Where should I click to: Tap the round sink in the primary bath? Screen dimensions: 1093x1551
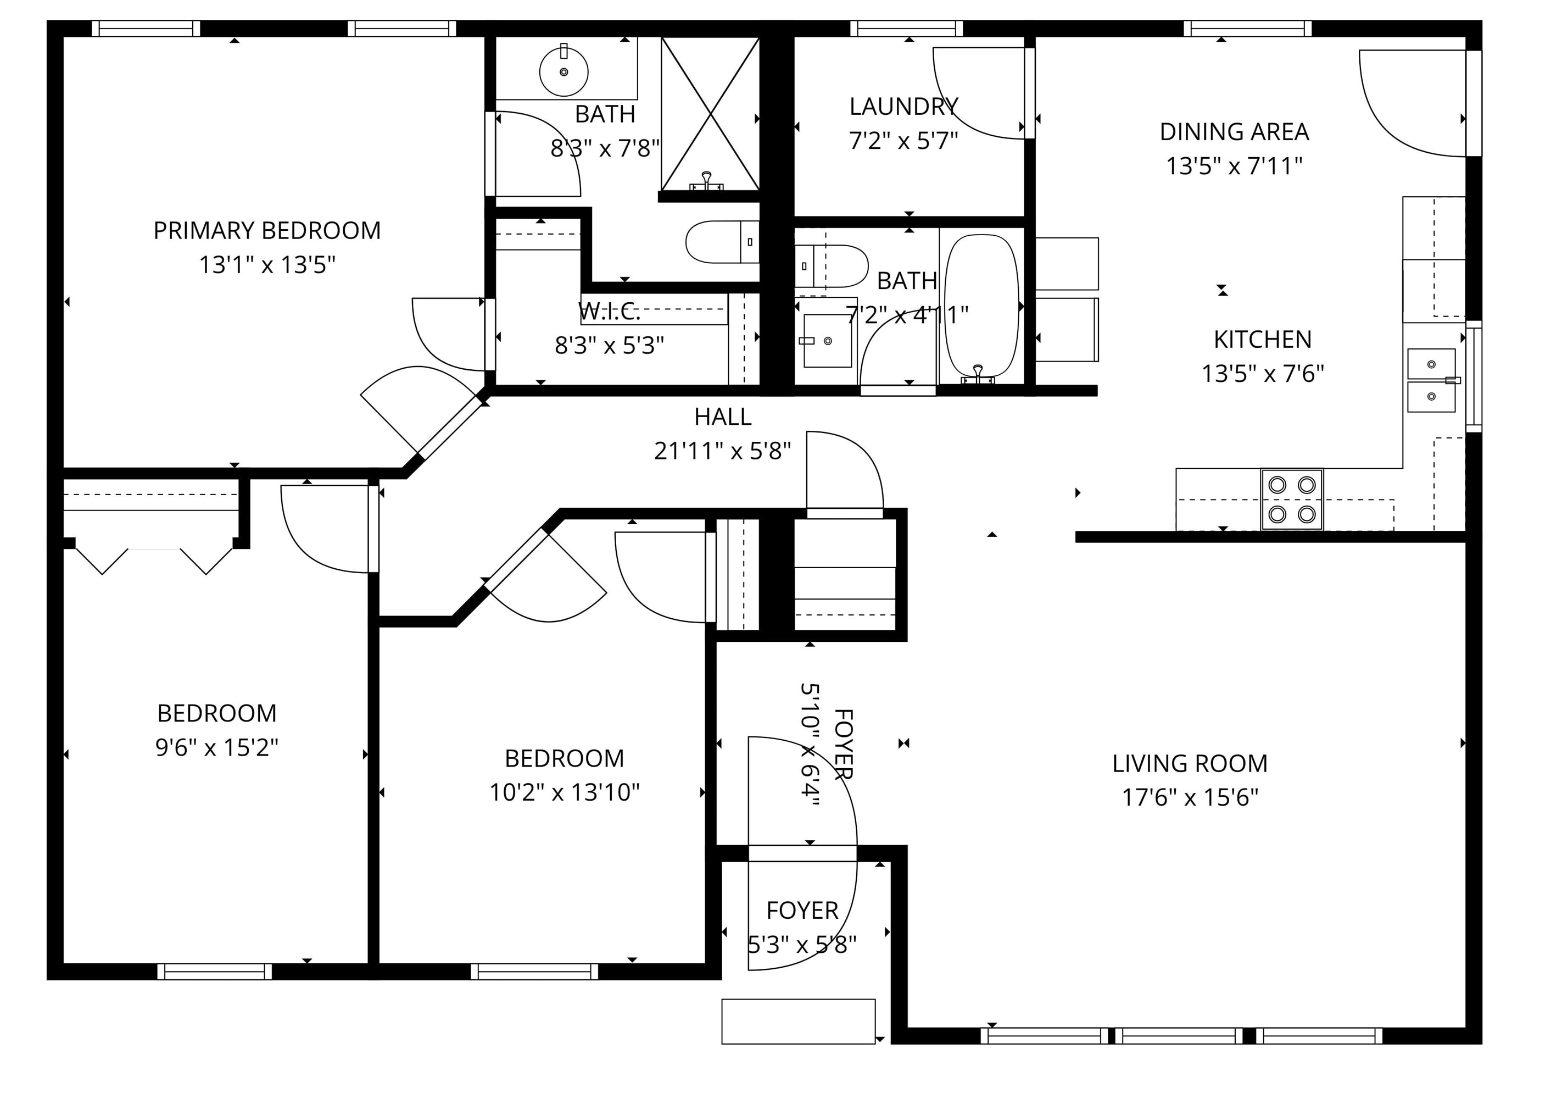[x=564, y=71]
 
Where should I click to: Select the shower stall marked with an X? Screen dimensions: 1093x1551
[x=710, y=114]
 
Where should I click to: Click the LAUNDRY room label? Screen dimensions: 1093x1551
[x=903, y=107]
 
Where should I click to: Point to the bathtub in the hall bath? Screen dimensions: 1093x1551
[x=981, y=304]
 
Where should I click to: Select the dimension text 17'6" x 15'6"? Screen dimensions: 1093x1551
[x=1190, y=797]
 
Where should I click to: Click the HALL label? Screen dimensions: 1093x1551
[x=723, y=417]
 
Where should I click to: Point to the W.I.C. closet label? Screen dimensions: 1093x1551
[x=609, y=312]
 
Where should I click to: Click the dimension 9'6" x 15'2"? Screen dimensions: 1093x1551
[x=217, y=747]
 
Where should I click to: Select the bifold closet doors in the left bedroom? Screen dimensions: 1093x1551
[x=154, y=559]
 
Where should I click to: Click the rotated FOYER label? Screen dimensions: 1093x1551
[x=844, y=744]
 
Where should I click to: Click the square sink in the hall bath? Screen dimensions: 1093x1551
[x=827, y=341]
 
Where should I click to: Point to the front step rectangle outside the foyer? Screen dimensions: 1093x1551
[x=798, y=1022]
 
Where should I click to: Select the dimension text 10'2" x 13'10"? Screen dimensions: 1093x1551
[x=564, y=792]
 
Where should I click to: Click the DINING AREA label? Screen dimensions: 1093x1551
[x=1234, y=132]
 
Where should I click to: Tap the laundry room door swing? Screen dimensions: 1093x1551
[x=976, y=95]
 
